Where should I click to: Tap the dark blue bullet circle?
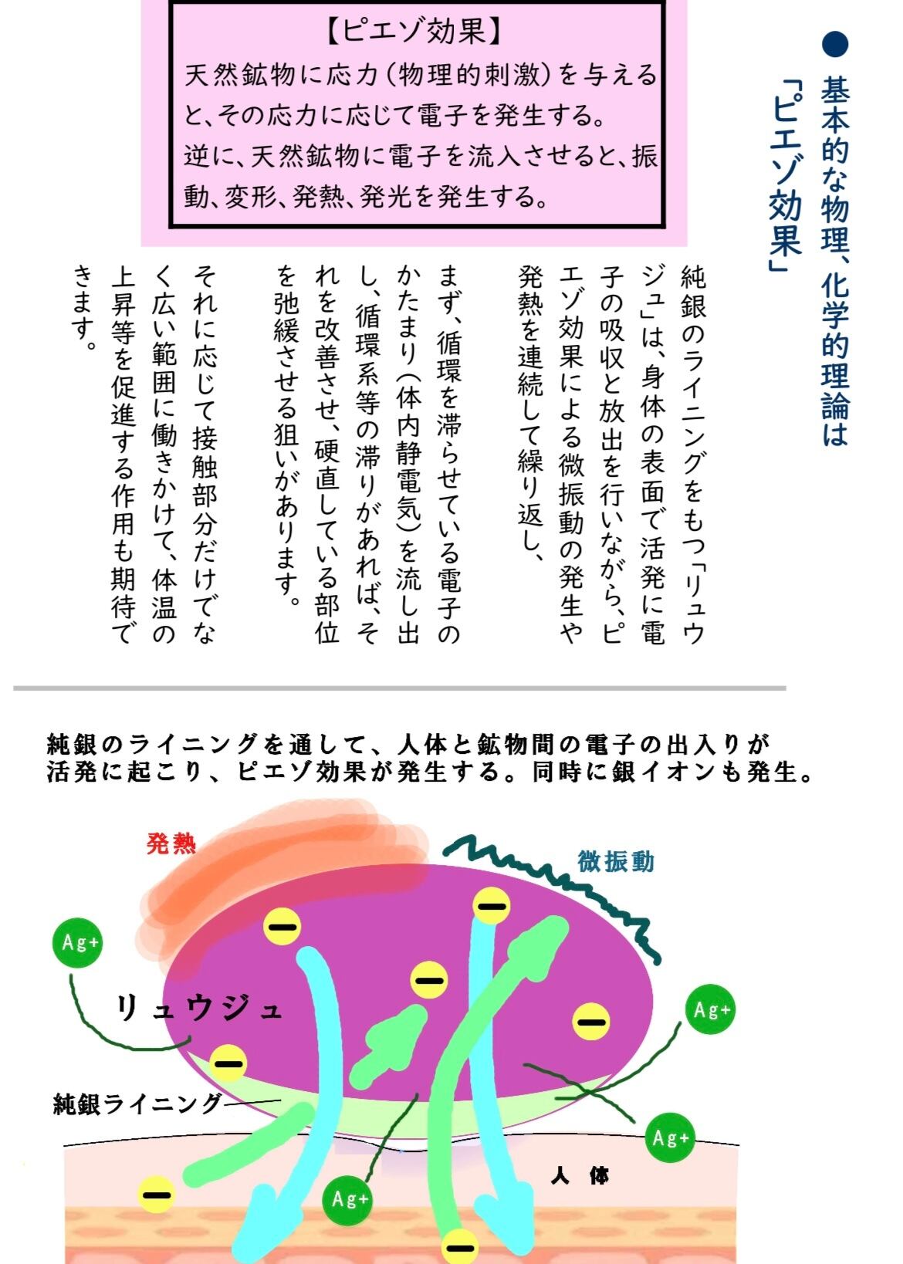834,44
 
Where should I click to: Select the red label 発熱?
171,843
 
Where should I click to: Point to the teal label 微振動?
615,860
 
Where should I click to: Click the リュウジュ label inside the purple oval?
199,1008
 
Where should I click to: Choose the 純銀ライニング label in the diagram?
137,1103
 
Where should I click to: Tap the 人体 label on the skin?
580,1176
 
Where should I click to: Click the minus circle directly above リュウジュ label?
282,925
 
